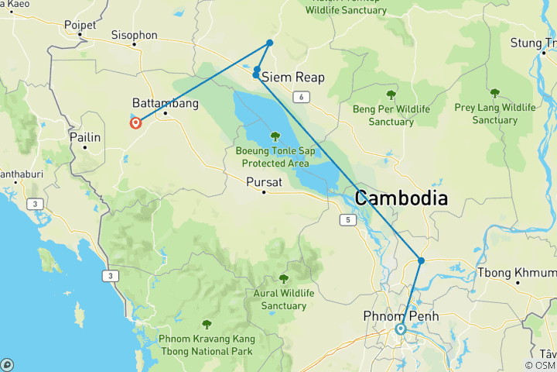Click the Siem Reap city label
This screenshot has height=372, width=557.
pos(293,77)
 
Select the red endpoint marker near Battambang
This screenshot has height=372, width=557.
pos(136,122)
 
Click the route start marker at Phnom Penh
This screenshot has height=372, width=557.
pos(401,329)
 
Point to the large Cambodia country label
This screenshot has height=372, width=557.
pos(401,198)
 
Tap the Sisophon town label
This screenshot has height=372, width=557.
pos(134,35)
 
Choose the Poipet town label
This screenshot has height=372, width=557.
pos(80,25)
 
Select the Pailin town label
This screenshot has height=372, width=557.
pos(85,137)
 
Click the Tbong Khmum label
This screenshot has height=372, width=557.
pos(516,272)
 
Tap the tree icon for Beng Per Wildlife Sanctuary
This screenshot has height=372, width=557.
pos(391,95)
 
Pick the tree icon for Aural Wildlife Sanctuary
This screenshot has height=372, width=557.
pos(284,278)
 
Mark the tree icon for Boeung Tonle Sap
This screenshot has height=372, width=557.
pos(275,136)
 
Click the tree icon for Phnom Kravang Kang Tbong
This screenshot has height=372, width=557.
pos(206,325)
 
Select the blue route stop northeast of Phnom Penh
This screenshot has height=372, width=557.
pos(421,260)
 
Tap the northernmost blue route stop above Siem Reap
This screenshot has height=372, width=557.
pos(270,43)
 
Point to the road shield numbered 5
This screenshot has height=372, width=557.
pos(348,221)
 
